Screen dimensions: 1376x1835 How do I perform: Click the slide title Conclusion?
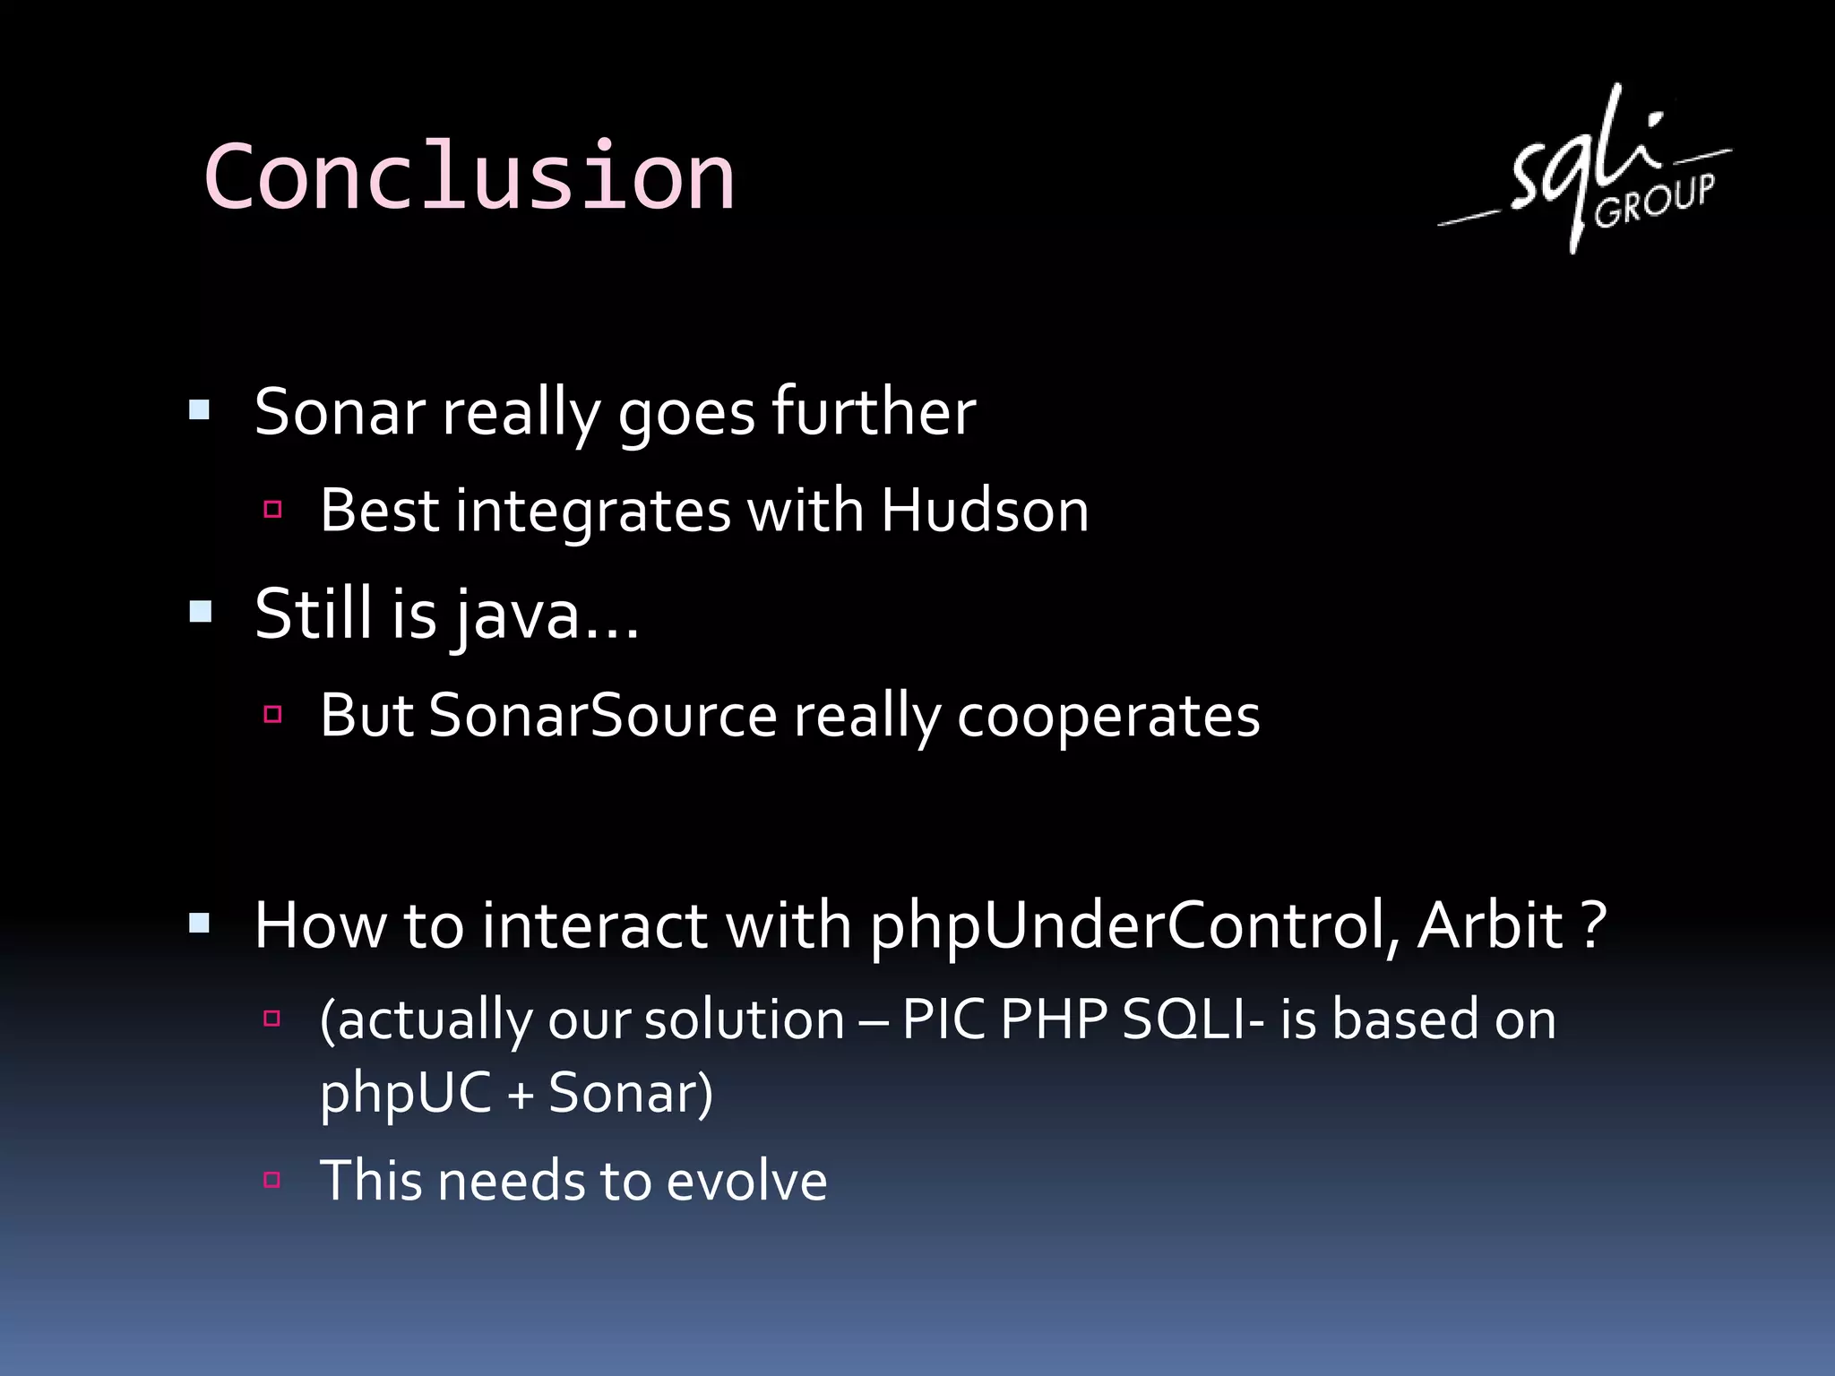coord(469,176)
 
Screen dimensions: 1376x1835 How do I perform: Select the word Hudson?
coord(984,512)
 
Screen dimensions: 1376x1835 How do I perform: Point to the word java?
coord(515,616)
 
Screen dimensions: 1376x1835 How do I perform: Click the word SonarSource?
coord(602,717)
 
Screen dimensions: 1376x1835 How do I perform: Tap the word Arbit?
coord(1490,926)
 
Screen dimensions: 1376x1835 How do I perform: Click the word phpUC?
coord(405,1094)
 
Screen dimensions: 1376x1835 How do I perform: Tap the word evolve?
coord(745,1181)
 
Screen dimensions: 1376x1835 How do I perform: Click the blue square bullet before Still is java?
coord(201,613)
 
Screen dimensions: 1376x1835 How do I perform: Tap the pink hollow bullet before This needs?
coord(273,1179)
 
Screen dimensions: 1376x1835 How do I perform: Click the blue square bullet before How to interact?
coord(200,924)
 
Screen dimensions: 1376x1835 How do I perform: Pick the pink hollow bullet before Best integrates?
coord(273,510)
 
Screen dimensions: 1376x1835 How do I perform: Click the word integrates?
coord(593,512)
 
